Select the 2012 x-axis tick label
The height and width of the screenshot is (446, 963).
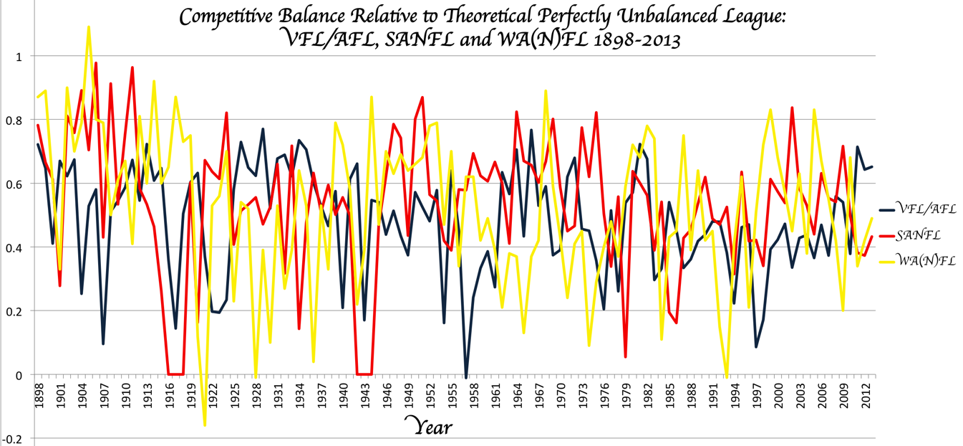click(x=868, y=395)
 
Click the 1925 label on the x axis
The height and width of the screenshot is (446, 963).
click(x=234, y=395)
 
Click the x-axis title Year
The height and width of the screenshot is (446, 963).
click(x=429, y=426)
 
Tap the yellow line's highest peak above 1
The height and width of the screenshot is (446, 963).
click(x=88, y=27)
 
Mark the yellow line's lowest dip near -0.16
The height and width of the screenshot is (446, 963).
click(x=205, y=425)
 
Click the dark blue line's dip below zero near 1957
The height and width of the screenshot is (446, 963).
click(x=466, y=377)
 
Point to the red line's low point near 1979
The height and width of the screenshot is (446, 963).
click(x=626, y=356)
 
